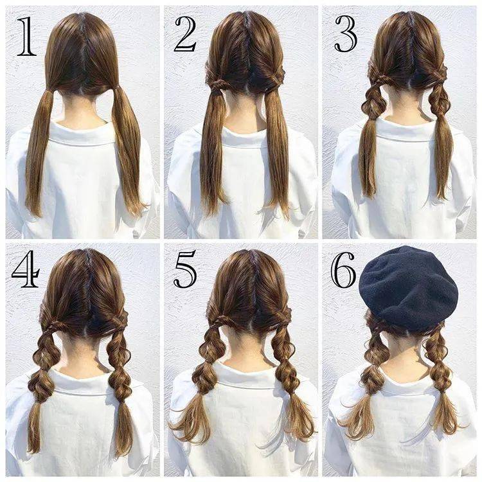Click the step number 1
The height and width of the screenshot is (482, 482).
(x=27, y=37)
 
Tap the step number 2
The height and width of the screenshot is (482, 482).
(x=185, y=35)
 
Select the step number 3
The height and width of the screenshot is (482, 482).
(x=346, y=34)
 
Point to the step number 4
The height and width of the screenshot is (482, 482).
(x=26, y=269)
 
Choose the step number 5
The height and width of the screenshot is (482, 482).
(x=185, y=269)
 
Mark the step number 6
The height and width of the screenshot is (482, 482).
(x=343, y=269)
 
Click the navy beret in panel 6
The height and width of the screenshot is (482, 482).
(x=409, y=287)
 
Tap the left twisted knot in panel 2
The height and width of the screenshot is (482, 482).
(x=218, y=84)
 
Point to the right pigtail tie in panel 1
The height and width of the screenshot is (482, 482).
(x=116, y=90)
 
